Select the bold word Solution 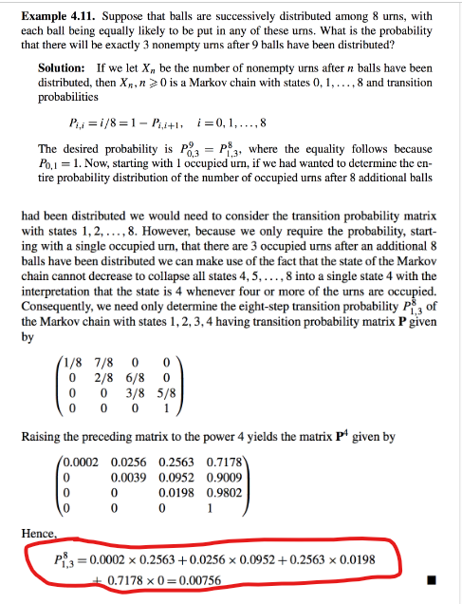(x=63, y=68)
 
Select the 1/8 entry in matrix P (x=77, y=361)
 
